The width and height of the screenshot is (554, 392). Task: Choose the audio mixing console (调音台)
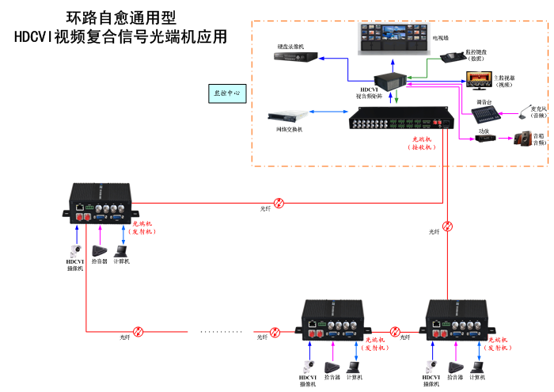484,114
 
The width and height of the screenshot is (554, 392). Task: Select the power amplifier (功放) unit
485,138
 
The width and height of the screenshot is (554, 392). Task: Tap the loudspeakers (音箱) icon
523,139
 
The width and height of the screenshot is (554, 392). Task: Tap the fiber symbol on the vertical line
448,226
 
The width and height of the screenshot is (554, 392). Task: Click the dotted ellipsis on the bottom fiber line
222,331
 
